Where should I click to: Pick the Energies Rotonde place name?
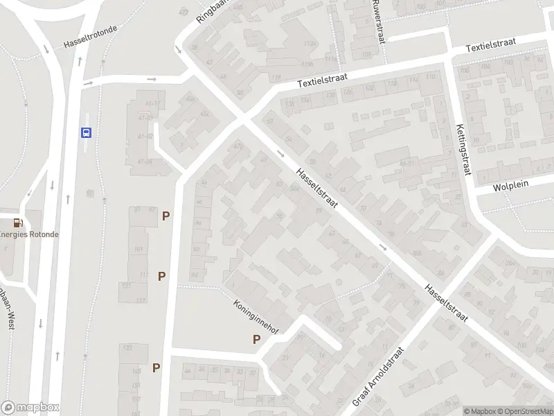tap(29, 234)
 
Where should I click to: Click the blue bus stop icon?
tap(86, 132)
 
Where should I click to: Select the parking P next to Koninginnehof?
tap(256, 339)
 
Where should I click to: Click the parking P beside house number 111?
tap(162, 276)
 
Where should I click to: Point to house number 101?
tap(140, 250)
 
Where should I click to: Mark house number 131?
tap(126, 286)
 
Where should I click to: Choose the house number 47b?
tap(238, 146)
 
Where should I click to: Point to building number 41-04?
tap(145, 162)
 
